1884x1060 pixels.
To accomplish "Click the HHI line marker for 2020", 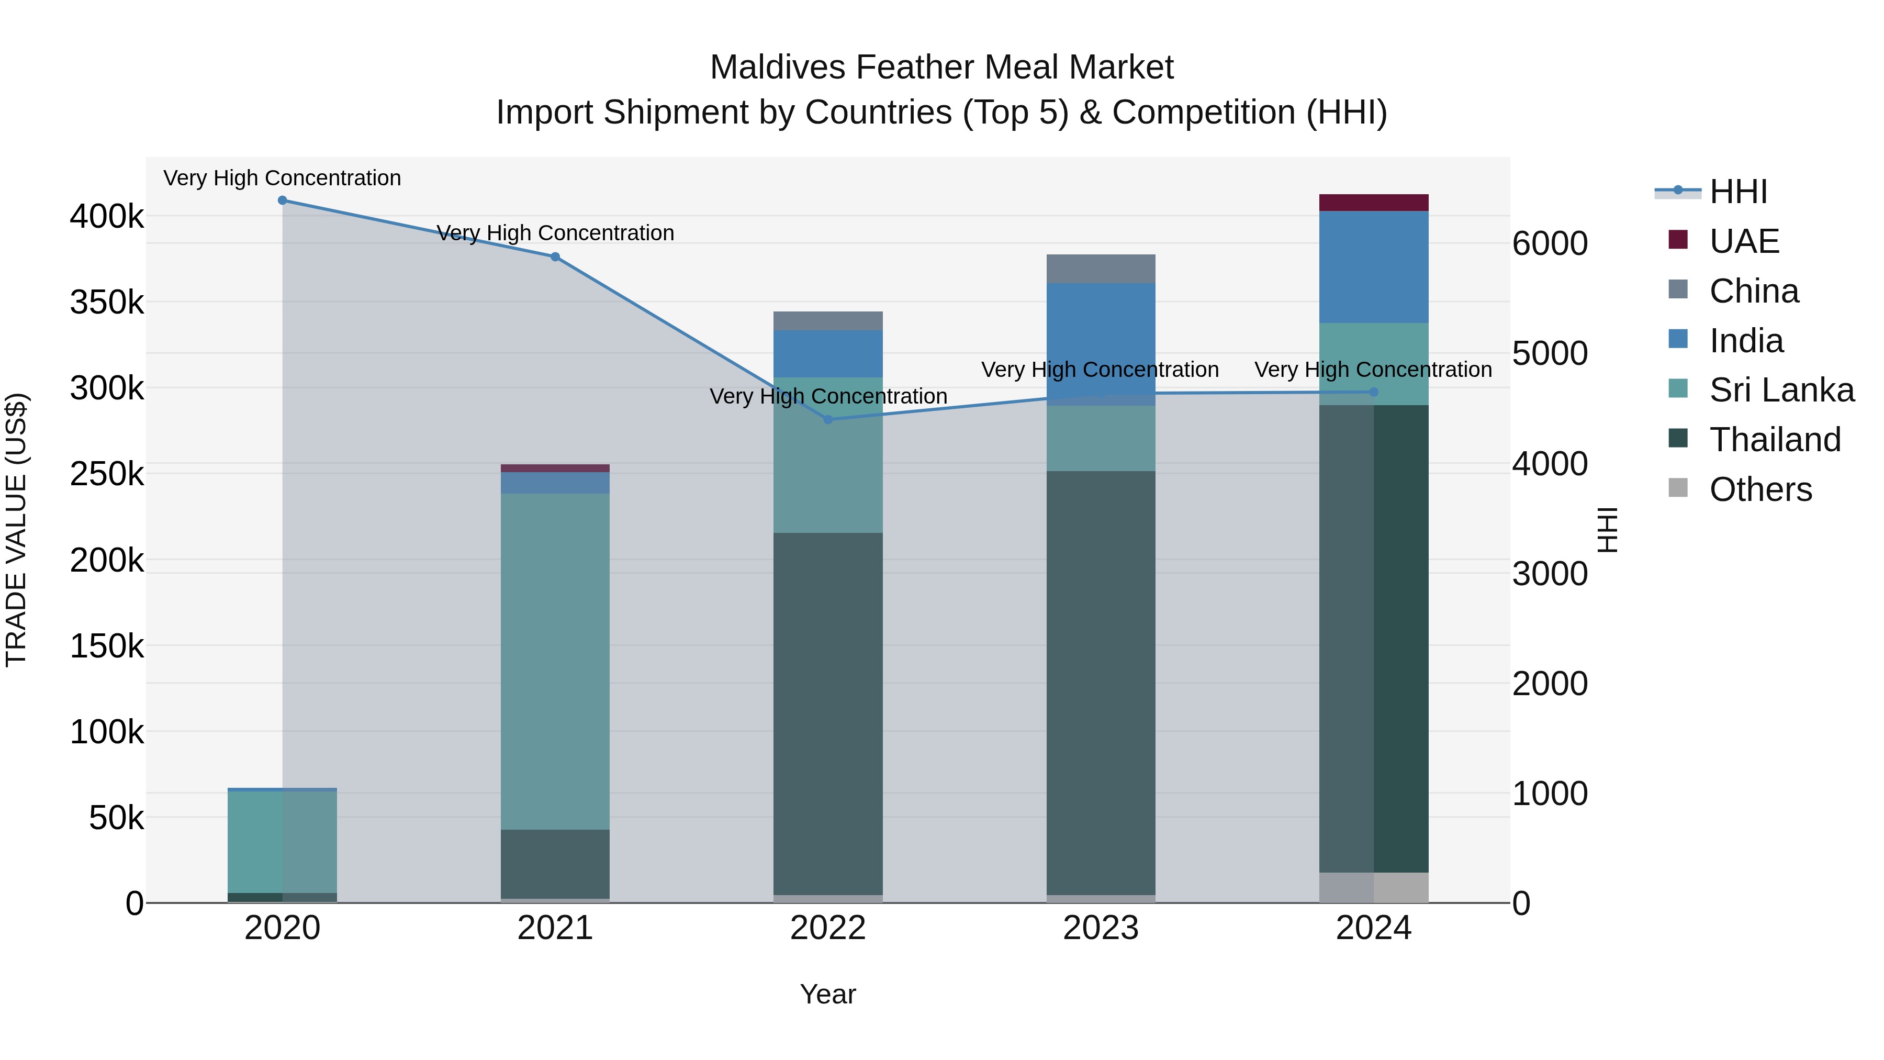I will [282, 200].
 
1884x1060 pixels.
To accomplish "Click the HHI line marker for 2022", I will [828, 419].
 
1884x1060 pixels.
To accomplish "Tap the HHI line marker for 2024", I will [1374, 392].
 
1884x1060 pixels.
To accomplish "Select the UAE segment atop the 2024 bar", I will [1374, 203].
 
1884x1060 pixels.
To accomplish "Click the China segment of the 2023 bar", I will [1101, 269].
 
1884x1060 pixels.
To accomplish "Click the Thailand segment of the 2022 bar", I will [828, 713].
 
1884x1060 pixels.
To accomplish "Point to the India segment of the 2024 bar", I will [1374, 267].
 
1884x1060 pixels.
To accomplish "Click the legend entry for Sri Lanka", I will [1781, 390].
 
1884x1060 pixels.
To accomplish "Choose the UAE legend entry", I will [1744, 241].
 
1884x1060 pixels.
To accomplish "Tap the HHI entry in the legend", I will [1737, 192].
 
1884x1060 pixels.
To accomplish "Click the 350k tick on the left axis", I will [107, 302].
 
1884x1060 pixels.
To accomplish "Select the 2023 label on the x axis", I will [1101, 928].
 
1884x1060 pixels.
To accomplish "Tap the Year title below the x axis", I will [828, 994].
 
